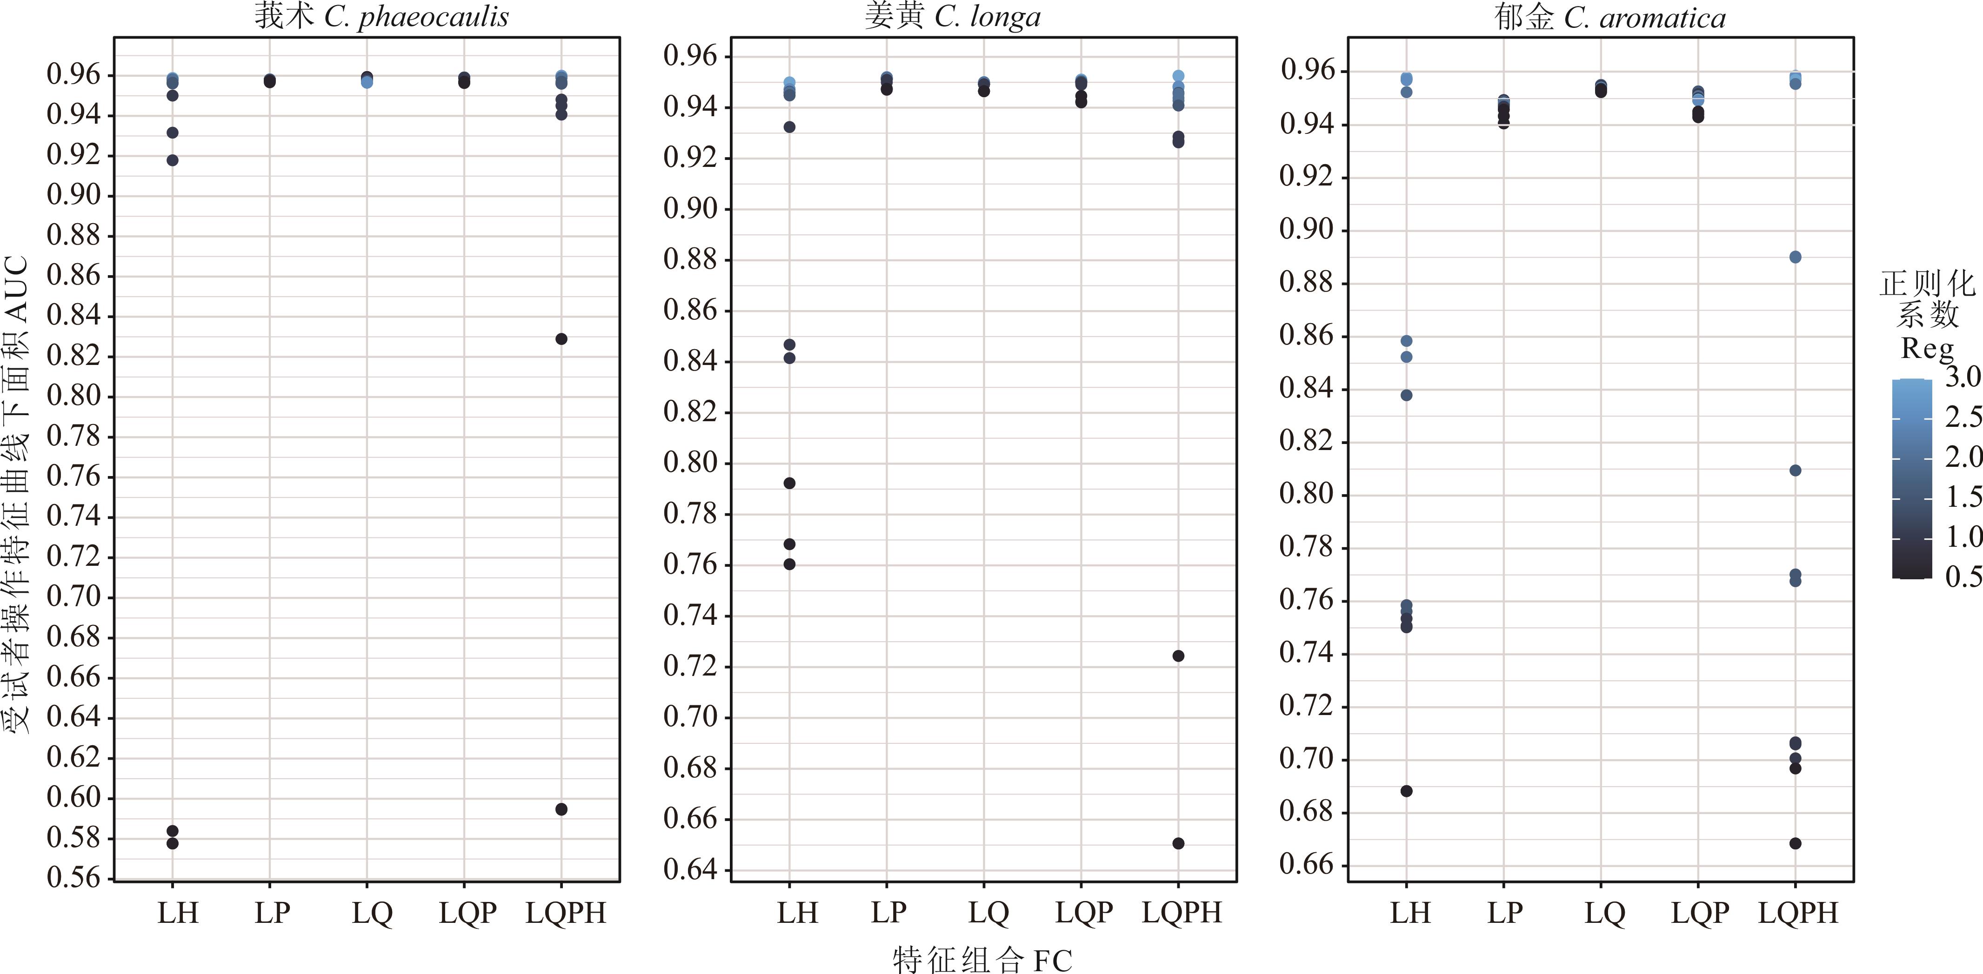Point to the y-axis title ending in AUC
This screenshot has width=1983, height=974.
17,492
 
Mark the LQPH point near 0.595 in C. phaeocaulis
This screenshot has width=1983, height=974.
561,809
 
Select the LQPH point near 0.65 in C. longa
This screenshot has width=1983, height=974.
1178,844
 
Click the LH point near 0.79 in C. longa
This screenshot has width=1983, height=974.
789,483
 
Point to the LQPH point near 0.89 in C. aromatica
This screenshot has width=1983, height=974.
1795,258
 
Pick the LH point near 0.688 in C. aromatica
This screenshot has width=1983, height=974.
1406,791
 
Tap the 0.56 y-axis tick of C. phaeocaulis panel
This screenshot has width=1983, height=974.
74,878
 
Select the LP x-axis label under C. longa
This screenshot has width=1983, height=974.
888,913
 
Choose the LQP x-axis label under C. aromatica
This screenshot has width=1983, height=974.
1700,913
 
